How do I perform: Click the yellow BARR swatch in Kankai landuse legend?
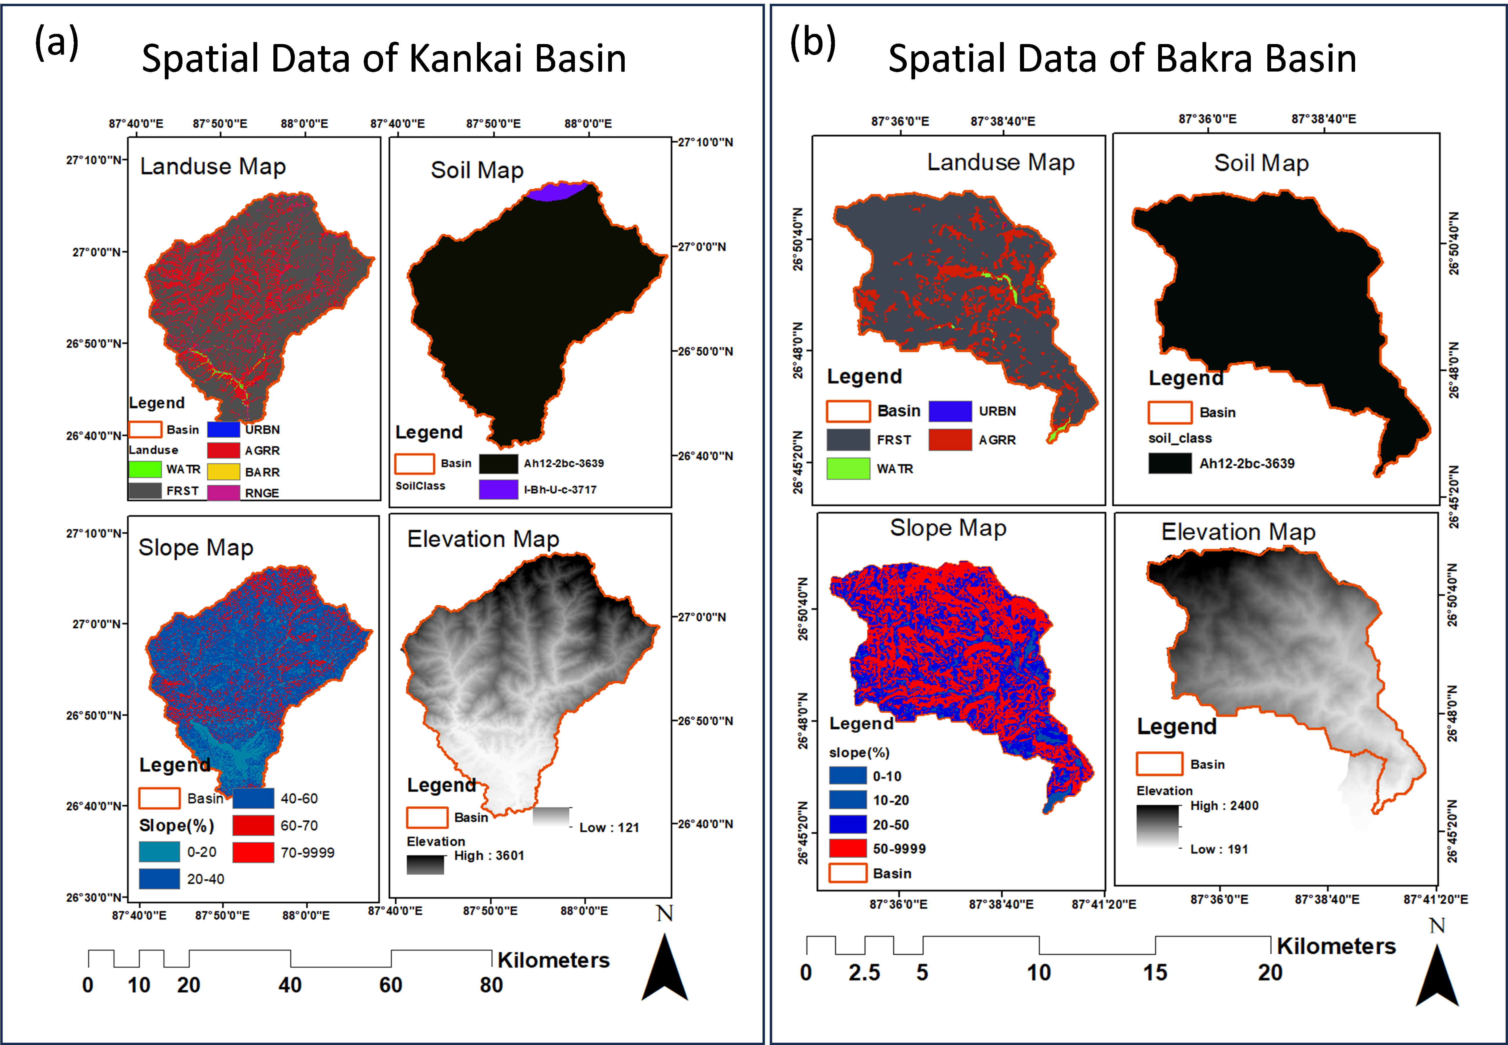coord(223,472)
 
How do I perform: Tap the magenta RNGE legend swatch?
coord(223,492)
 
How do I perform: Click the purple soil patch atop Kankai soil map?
coord(556,191)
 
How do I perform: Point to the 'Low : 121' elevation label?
coord(609,827)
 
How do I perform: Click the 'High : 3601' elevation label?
coord(489,856)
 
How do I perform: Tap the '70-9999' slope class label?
coord(308,852)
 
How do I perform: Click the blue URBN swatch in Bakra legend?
coord(950,411)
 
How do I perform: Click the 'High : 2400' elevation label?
coord(1224,806)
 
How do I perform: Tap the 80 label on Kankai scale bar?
coord(491,985)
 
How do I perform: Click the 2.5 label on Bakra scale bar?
coord(864,973)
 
